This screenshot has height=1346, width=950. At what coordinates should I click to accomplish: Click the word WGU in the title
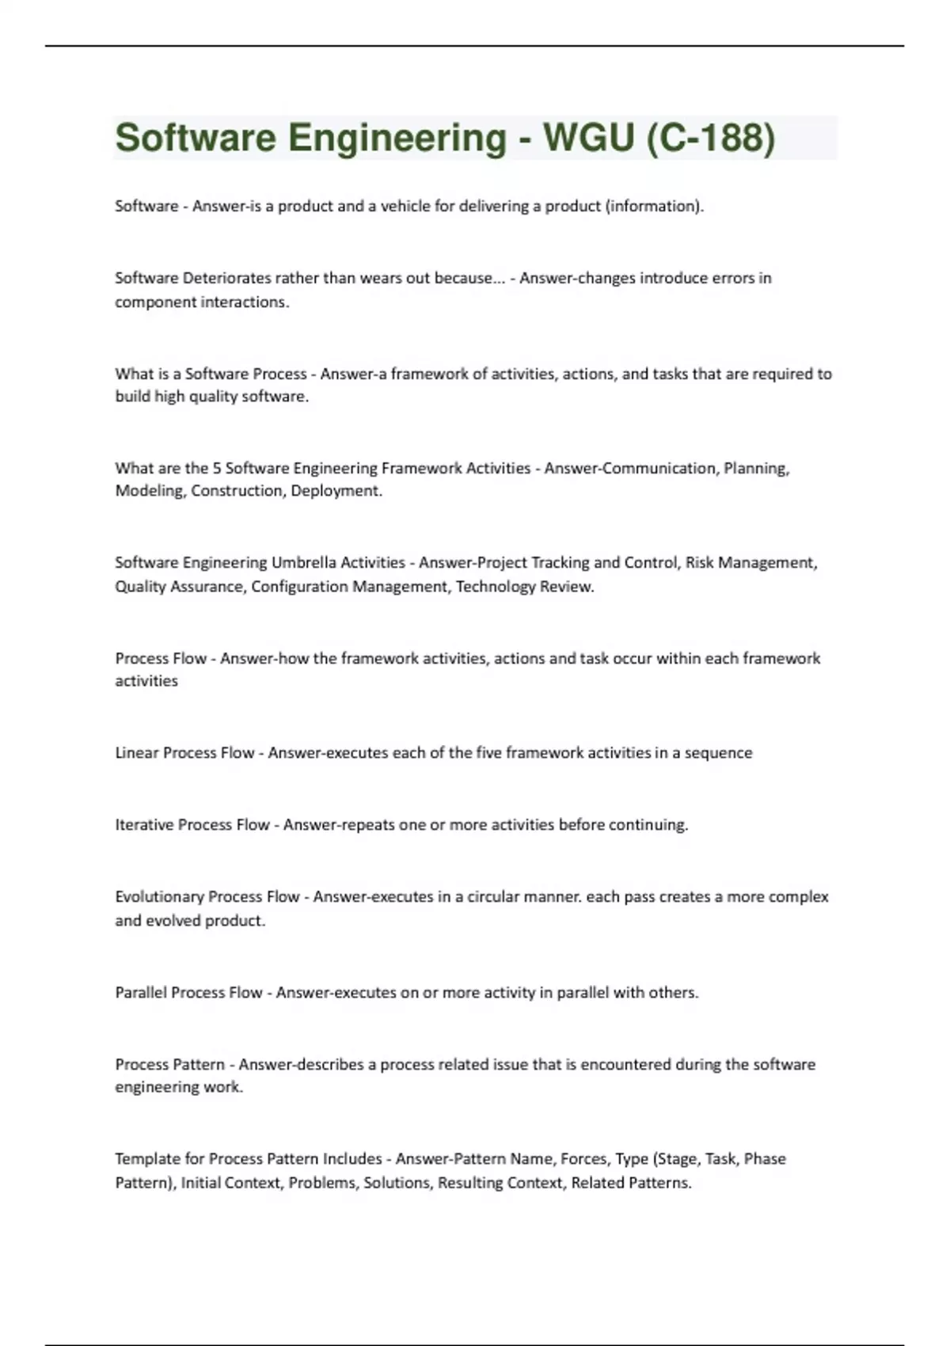[x=588, y=138]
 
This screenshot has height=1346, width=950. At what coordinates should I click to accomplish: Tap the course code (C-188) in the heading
[x=710, y=138]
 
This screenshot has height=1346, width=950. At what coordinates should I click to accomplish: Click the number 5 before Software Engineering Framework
[x=217, y=468]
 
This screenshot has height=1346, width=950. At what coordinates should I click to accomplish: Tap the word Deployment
[x=336, y=491]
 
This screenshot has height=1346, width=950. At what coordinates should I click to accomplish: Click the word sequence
[x=718, y=753]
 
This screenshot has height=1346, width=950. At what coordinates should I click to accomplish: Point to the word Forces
[x=583, y=1159]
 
